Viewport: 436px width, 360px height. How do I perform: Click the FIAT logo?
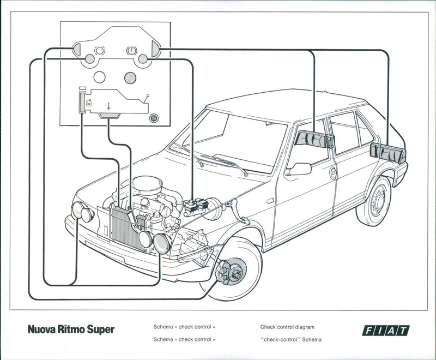[x=385, y=330]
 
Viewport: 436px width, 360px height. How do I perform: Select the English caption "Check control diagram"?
[x=287, y=327]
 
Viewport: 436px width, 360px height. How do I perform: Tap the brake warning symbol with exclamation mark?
[x=130, y=50]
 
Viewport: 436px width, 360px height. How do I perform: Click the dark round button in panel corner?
[x=155, y=117]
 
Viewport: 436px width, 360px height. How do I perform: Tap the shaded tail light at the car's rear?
[x=388, y=153]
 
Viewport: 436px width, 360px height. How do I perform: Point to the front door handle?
[x=333, y=173]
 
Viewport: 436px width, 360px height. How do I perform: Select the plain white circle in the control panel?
[x=100, y=77]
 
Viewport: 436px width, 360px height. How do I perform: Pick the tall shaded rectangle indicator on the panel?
[x=82, y=103]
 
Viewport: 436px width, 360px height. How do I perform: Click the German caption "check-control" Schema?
[x=291, y=339]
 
